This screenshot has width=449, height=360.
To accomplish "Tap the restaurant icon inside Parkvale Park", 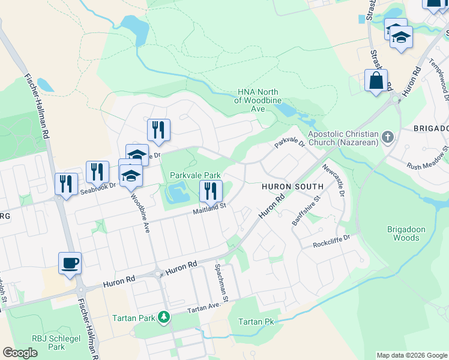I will pyautogui.click(x=210, y=191).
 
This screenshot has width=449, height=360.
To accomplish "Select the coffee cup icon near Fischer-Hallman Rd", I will pyautogui.click(x=70, y=263).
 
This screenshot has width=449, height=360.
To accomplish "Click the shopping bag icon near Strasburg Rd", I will pyautogui.click(x=376, y=81).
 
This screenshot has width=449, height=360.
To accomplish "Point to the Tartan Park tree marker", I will pyautogui.click(x=163, y=316).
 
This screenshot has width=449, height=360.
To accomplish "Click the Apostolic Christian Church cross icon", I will pyautogui.click(x=387, y=137).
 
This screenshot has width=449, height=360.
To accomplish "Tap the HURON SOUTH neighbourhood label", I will pyautogui.click(x=285, y=187).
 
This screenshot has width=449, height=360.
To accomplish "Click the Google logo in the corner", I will pyautogui.click(x=20, y=353).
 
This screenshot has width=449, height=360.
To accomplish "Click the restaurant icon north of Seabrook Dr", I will pyautogui.click(x=158, y=130).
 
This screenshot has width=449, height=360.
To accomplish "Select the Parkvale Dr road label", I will pyautogui.click(x=290, y=142).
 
